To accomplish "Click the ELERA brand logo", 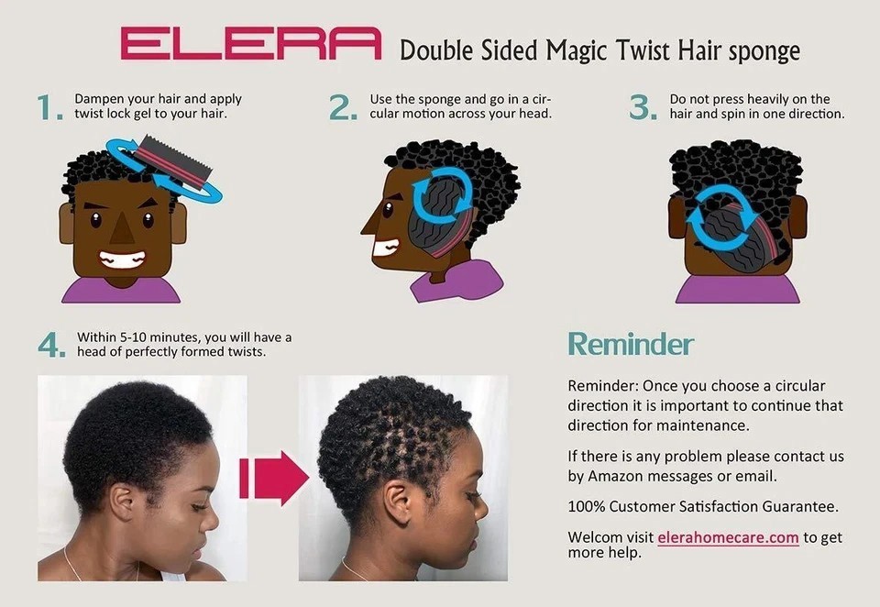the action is coord(251,43).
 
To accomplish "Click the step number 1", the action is coord(49,107).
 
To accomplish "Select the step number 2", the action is coord(343,107).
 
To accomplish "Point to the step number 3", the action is coord(643,107).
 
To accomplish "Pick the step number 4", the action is coord(51,345).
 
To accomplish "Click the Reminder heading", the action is coord(631,344).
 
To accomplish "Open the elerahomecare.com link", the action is coord(728,537).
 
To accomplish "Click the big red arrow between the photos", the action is coord(273,478).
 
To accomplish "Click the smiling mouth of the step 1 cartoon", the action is coord(122,259).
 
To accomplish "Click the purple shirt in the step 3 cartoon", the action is coord(737,289).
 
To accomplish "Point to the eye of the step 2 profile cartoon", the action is coord(387,210).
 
